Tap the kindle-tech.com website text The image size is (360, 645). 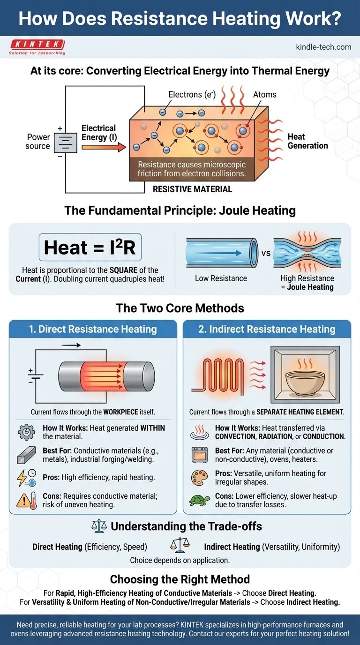(323, 47)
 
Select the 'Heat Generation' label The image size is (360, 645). (307, 141)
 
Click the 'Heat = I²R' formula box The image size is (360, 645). (90, 247)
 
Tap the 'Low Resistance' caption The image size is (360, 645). (221, 278)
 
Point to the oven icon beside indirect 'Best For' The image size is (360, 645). (198, 454)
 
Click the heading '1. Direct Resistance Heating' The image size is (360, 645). (93, 329)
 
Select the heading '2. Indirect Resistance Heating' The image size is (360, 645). (267, 329)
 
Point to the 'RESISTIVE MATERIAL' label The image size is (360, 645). (192, 189)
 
